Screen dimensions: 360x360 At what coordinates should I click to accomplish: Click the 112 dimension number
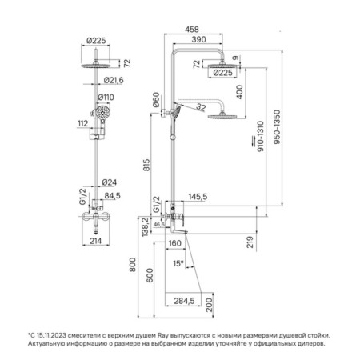pos(83,123)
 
